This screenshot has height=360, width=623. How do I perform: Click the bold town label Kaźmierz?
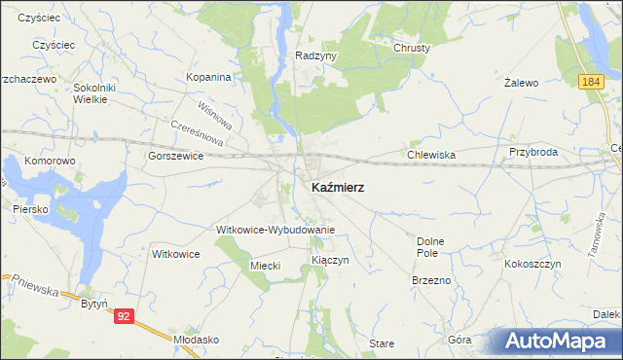coord(338,187)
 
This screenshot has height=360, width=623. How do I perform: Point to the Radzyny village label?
coord(315,56)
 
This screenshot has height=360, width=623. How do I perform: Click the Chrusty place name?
coord(412,47)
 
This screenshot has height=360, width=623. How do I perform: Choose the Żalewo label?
coord(522,84)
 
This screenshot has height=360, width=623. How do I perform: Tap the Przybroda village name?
coord(532,153)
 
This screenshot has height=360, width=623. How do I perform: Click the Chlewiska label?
coord(431,154)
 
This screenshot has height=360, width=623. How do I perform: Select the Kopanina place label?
coord(209,77)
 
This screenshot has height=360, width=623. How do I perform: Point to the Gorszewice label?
coord(176,156)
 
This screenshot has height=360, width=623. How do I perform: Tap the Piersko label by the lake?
coord(31,208)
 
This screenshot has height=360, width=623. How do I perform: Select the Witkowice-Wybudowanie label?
coord(275,230)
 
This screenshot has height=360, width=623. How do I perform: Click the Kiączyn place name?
coord(330,261)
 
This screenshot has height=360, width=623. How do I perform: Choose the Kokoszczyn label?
coord(532,264)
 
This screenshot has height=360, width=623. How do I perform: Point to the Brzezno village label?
coord(430,280)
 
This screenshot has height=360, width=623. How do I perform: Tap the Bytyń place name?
coord(93,305)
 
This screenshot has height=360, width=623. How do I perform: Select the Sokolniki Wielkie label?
coord(95,93)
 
